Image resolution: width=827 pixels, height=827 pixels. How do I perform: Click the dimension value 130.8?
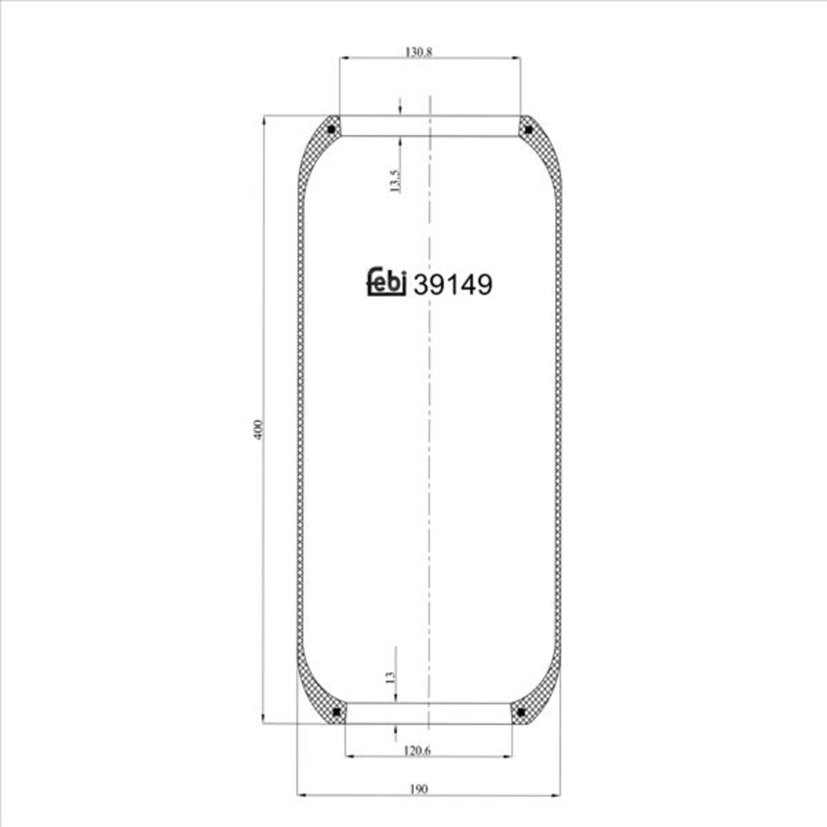[418, 52]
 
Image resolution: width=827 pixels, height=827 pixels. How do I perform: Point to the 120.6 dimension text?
[418, 751]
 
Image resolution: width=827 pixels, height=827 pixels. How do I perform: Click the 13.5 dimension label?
[396, 180]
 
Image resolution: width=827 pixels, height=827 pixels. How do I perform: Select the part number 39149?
[452, 285]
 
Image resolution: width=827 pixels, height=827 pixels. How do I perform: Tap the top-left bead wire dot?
[331, 129]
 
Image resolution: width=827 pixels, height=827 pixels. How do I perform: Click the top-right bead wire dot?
[529, 129]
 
